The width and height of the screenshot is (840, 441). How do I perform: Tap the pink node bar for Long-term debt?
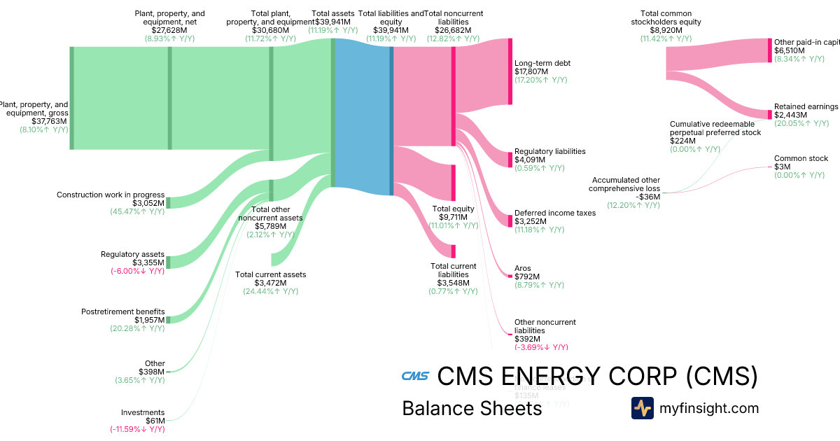510,71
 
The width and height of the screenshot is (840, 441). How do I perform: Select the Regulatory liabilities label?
549,151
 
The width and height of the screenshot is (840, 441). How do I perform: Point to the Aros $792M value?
527,277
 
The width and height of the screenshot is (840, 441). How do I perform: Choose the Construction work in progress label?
111,195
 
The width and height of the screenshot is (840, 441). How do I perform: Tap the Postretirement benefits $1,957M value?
149,320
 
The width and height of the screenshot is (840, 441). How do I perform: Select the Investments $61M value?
154,421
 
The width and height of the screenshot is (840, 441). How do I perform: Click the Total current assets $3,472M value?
271,283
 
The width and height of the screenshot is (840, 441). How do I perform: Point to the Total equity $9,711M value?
453,217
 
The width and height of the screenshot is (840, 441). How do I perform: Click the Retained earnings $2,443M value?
790,115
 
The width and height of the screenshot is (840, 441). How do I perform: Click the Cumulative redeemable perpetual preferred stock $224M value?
682,141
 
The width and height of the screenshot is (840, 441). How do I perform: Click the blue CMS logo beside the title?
414,377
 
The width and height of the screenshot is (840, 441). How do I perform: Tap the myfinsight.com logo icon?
642,408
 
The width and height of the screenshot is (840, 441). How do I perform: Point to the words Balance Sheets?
472,408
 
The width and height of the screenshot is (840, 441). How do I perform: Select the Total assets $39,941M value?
332,22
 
